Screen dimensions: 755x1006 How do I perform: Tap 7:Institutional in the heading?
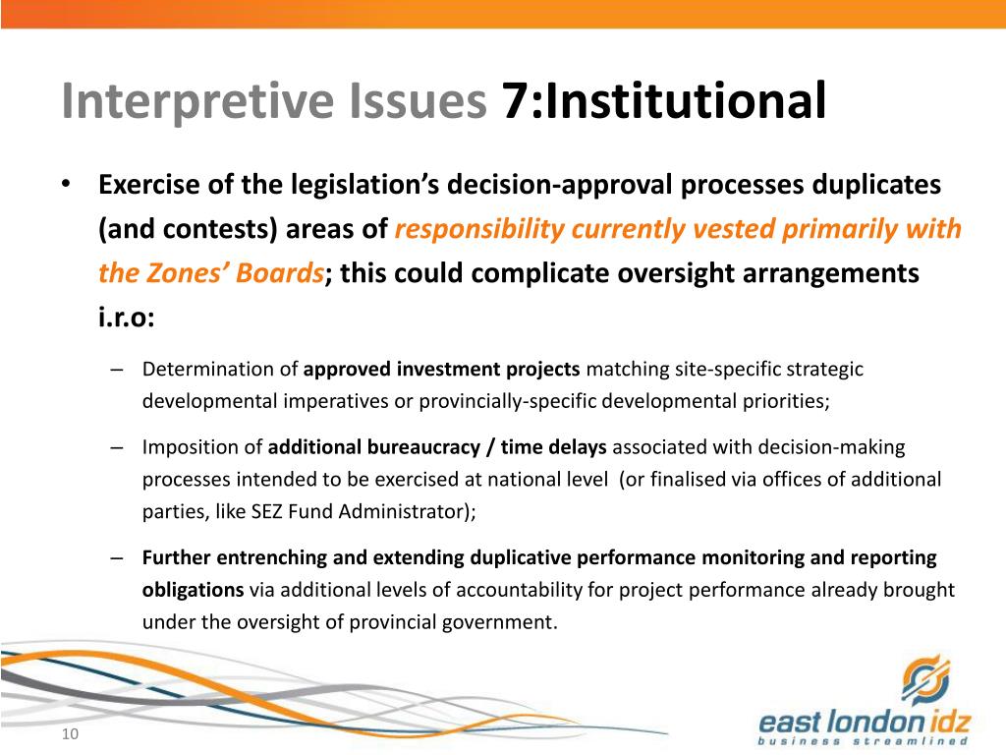pos(664,103)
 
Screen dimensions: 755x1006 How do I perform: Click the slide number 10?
pos(69,736)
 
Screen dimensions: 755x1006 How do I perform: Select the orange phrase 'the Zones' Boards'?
pos(210,273)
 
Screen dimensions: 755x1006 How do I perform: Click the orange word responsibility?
pos(478,229)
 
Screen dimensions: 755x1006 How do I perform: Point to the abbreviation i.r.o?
pos(127,318)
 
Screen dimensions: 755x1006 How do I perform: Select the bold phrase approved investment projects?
pos(442,370)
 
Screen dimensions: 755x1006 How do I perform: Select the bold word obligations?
pos(193,590)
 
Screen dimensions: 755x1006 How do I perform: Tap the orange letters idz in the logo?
pos(938,723)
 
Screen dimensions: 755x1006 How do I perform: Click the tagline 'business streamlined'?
pos(864,741)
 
